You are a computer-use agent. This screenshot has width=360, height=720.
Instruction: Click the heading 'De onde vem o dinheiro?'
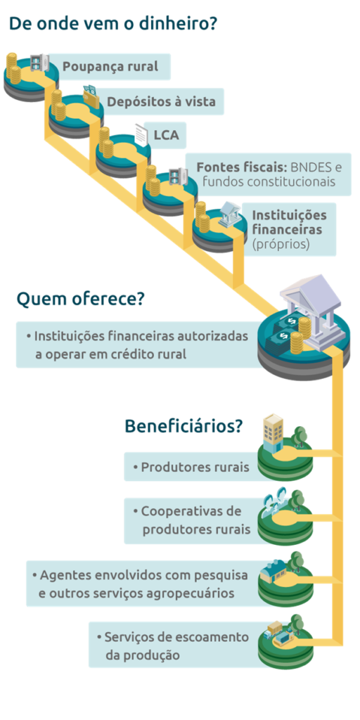(113, 23)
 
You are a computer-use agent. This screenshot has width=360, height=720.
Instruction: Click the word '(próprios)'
(281, 245)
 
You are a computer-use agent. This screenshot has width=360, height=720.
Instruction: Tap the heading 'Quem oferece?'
(80, 300)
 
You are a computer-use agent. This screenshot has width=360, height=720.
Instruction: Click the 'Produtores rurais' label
(189, 467)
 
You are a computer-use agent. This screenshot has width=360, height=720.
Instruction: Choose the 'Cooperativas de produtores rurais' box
(190, 520)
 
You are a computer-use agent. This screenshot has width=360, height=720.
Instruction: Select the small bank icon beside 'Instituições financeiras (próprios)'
(229, 213)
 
